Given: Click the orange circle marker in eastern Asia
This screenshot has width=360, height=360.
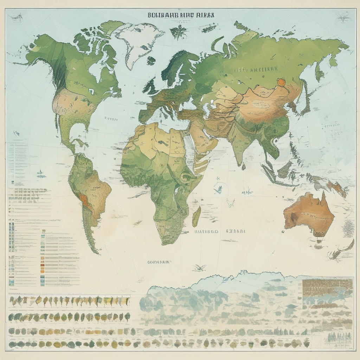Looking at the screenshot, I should [x=281, y=83].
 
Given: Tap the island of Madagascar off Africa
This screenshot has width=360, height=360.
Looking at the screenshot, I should [x=197, y=216].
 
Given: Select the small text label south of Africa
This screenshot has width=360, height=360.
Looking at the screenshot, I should [x=158, y=262].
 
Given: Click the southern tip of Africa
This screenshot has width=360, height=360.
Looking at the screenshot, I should [x=165, y=243].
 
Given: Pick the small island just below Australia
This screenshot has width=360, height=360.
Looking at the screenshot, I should [x=319, y=242].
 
